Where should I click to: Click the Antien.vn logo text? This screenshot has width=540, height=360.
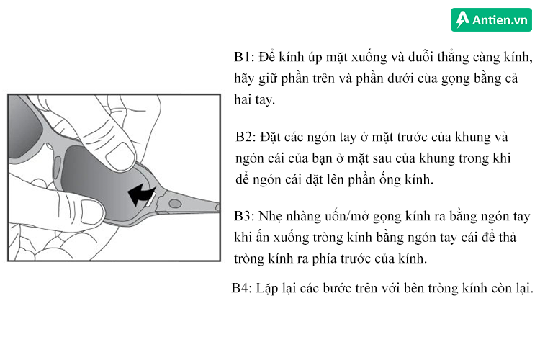click(500, 19)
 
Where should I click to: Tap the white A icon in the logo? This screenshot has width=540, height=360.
click(462, 19)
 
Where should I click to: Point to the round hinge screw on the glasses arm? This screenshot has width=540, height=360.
click(174, 205)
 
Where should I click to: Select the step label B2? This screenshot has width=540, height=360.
click(248, 137)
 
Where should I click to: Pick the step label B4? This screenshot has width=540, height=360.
click(243, 288)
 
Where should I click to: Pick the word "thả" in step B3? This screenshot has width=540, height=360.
click(508, 237)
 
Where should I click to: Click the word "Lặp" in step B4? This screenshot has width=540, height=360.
click(274, 289)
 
